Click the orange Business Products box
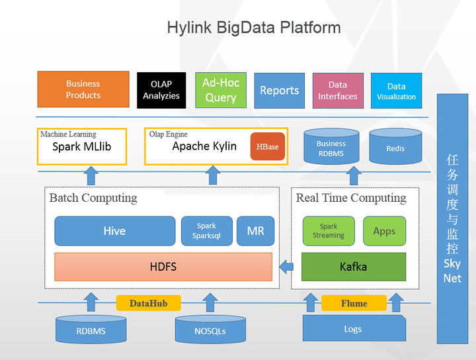tap(83, 89)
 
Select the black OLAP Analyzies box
tap(161, 90)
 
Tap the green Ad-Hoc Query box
tap(221, 90)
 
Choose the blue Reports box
tap(279, 91)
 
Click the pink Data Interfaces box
tap(338, 91)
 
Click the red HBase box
tap(268, 146)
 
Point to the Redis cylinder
tap(395, 148)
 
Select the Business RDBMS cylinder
tap(331, 147)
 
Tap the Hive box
tap(114, 231)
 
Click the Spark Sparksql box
tap(206, 231)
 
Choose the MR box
tap(256, 231)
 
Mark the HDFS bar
tap(163, 267)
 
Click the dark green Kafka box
tap(354, 267)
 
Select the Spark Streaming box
tap(329, 231)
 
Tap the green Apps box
tap(384, 231)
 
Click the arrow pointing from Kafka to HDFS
tap(287, 267)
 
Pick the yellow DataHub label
tap(148, 303)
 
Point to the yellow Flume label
tap(354, 303)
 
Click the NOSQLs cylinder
tap(210, 330)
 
